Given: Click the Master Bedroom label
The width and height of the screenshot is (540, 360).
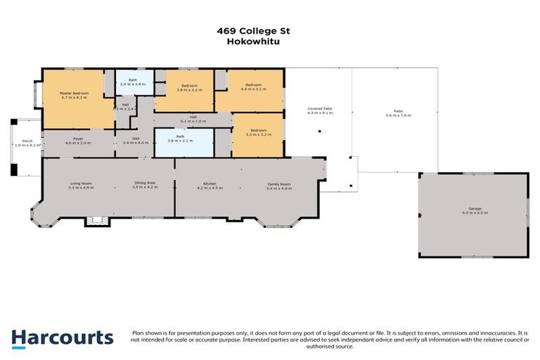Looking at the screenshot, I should pos(74,95).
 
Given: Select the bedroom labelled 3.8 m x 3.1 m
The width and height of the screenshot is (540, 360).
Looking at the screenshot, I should pos(184,89).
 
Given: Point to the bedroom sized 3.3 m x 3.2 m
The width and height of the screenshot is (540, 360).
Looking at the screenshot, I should pos(258,131).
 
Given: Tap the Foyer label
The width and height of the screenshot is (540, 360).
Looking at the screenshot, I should pos(79,141).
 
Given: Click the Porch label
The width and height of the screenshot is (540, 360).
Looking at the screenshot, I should pos(27,143).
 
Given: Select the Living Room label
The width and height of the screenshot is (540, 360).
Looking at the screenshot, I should pos(81,186).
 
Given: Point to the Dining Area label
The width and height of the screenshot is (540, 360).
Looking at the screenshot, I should pos(145,186).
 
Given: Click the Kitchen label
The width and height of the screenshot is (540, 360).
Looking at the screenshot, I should pos(210,186).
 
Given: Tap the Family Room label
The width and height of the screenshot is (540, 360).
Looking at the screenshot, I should pos(279,186).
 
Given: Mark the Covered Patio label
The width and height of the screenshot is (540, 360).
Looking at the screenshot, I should pos(320,110).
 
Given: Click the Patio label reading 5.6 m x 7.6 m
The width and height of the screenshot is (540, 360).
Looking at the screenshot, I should pos(398,113).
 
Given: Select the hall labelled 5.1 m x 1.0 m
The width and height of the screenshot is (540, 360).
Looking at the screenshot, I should pos(193,119).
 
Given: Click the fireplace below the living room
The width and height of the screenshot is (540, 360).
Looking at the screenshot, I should pos(95,221).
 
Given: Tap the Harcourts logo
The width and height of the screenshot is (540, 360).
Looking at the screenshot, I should pos(62,337).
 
